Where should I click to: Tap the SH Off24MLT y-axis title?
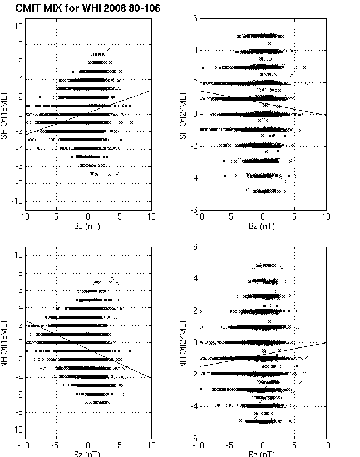(182, 114)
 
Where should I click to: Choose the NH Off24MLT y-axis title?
(182, 342)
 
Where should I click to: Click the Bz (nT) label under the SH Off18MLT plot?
(87, 226)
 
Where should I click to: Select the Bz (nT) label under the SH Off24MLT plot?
(263, 226)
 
